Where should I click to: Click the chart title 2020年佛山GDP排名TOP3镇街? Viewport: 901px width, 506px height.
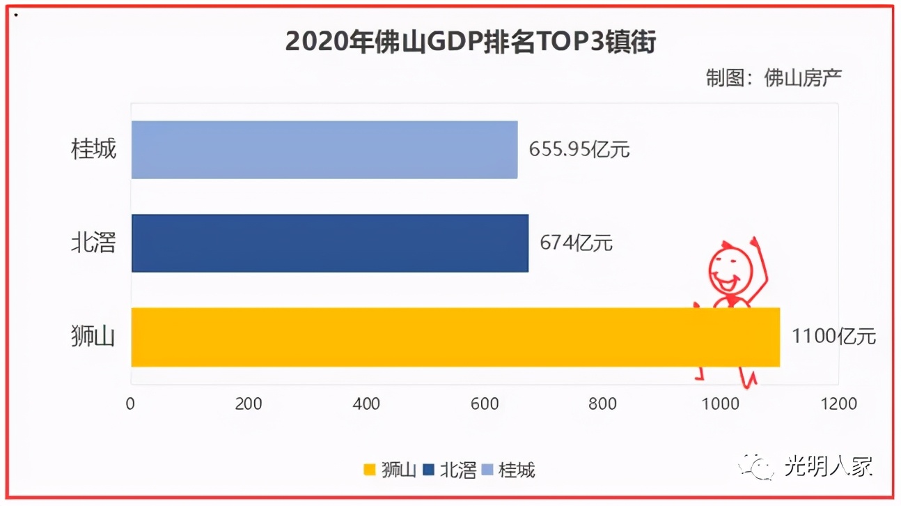point(471,42)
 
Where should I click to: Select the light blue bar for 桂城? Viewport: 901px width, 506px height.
point(324,149)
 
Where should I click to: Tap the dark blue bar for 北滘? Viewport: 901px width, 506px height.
point(330,243)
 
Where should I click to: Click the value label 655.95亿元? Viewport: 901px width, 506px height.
point(579,149)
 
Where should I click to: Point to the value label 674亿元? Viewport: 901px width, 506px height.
point(577,243)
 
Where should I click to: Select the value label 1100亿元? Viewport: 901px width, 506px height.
point(833,337)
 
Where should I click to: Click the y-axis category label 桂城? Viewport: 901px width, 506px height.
point(94,149)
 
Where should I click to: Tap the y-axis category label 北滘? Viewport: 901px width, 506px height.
point(94,243)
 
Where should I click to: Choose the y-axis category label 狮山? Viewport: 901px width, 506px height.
point(94,337)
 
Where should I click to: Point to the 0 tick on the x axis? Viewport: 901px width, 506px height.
point(130,404)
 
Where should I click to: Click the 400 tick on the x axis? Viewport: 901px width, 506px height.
point(366,404)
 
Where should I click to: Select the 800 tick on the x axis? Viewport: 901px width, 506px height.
point(602,404)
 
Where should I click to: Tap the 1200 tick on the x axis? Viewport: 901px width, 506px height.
point(838,404)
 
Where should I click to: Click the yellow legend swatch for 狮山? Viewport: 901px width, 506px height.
point(370,470)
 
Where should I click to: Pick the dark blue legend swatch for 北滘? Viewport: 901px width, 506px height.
point(429,470)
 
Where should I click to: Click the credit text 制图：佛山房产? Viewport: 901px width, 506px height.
point(774,77)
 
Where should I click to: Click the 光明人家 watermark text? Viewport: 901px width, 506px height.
point(828,466)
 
